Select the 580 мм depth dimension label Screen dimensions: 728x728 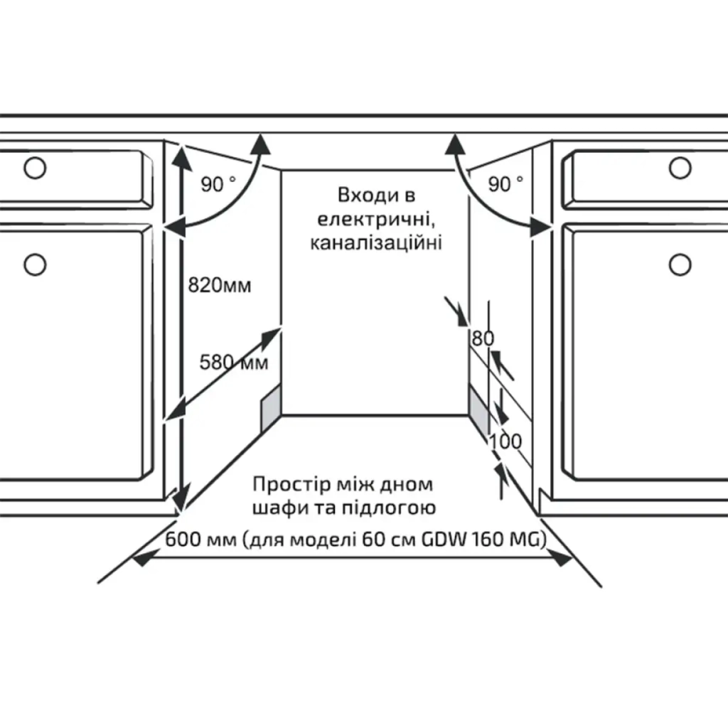(x=233, y=363)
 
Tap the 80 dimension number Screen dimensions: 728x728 (x=481, y=338)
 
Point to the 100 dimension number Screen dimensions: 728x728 (x=505, y=441)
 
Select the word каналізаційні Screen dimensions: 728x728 (x=376, y=243)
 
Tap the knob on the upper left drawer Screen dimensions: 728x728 (x=33, y=168)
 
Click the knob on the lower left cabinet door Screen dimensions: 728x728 (x=33, y=264)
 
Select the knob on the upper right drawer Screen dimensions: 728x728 (x=680, y=168)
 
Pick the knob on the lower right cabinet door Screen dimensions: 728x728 (x=680, y=264)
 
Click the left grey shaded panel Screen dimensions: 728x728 (x=271, y=409)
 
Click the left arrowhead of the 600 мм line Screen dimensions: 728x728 (x=142, y=560)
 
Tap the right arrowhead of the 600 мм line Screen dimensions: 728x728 (x=564, y=560)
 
